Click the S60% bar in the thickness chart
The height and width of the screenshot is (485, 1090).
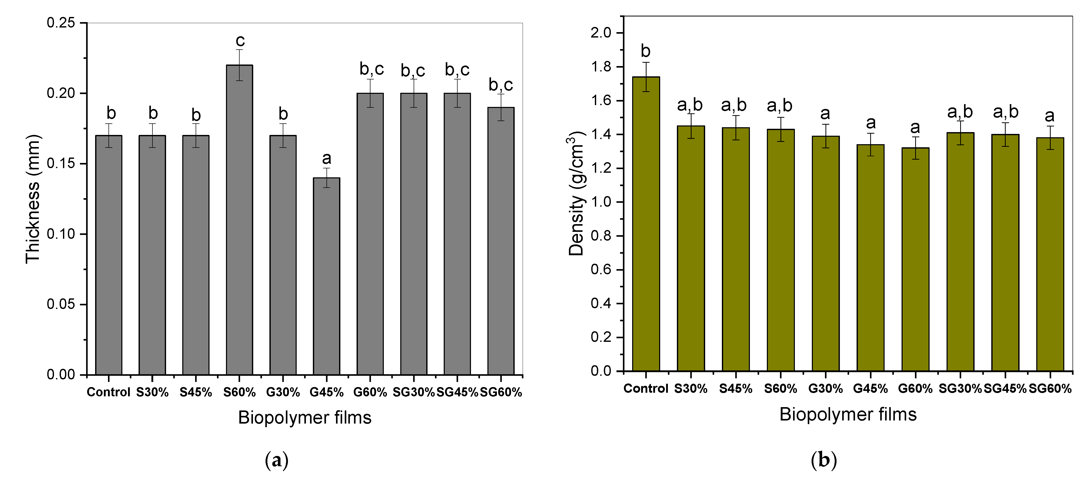pos(240,220)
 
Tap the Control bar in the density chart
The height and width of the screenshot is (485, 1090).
pos(646,224)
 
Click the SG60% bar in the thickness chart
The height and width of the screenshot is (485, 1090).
pos(501,241)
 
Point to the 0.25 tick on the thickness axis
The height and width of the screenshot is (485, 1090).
pos(85,23)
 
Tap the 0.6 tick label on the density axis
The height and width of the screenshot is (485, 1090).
pos(601,270)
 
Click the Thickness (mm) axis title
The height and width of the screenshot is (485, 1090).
pos(33,199)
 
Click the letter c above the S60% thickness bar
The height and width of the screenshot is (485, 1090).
pos(240,41)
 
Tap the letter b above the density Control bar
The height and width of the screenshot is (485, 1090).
pos(645,51)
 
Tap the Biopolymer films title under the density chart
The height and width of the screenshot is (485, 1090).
pos(848,414)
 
